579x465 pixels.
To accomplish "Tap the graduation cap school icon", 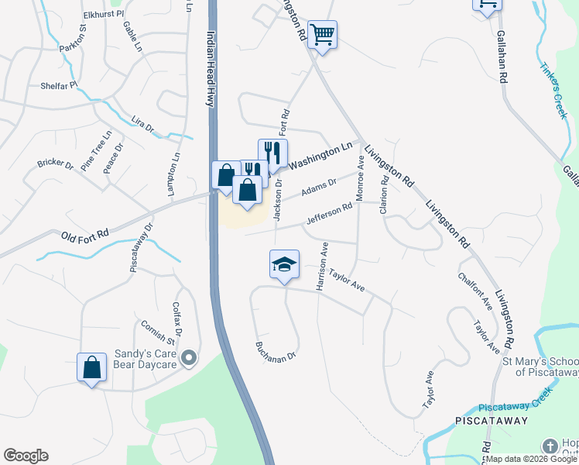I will coord(284,264).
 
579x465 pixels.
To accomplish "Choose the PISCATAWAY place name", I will coord(492,421).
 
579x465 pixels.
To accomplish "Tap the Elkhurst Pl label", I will coord(102,15).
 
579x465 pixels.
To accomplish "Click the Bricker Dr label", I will coord(55,164).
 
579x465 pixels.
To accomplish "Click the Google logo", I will coord(26,456).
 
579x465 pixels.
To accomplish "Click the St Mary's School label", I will coord(540,367).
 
